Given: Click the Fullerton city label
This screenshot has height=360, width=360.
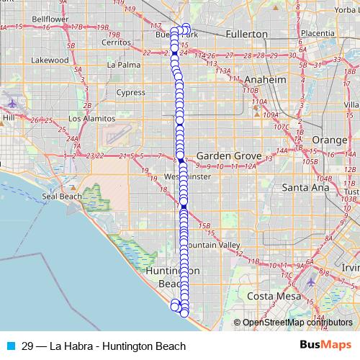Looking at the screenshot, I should click(x=246, y=34).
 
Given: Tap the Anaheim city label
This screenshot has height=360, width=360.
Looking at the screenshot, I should click(x=266, y=79).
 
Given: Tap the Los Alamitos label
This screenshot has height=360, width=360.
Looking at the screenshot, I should click(x=90, y=118).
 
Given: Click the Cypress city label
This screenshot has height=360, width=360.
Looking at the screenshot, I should click(x=130, y=92).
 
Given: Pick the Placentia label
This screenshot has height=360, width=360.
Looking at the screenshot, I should click(x=318, y=33).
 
